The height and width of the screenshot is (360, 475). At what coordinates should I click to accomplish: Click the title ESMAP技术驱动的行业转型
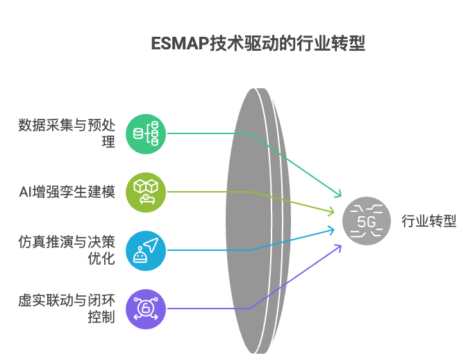coord(258,44)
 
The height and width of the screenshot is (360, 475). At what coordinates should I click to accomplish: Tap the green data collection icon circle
coord(146,133)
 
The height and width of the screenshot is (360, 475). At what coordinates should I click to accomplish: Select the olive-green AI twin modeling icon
coord(146,192)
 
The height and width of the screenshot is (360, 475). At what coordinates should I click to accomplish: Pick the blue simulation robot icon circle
coord(146,250)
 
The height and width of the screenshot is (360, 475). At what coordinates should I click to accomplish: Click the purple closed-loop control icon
coord(146,309)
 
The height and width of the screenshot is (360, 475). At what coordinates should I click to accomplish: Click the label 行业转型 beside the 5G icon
coord(429,221)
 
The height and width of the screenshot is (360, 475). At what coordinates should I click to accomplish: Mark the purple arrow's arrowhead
coord(340,247)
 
